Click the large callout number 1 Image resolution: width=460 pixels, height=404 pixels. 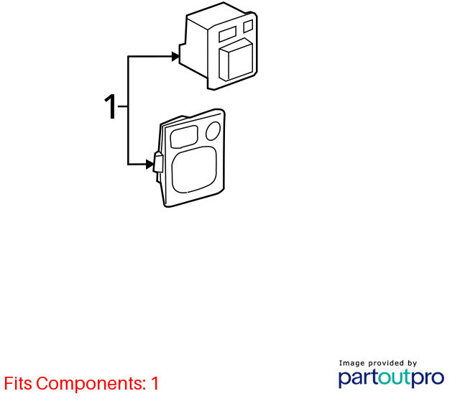pos(111,106)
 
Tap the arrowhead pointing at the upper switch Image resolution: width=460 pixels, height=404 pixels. pos(175,56)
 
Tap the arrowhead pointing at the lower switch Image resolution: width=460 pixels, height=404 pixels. pos(150,165)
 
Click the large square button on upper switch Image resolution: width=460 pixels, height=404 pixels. pos(236,60)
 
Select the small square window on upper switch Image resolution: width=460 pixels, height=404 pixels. pos(248,26)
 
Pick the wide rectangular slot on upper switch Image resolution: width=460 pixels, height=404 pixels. pos(227,34)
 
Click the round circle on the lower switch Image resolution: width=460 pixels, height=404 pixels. pos(213,131)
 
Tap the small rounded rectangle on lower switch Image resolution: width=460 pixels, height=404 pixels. pos(184,137)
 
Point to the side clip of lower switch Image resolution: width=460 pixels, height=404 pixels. pos(158,162)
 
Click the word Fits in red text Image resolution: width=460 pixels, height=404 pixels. pos(18,383)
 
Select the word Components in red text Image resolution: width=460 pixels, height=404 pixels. pos(91,384)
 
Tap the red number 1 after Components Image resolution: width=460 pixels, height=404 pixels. pos(155,383)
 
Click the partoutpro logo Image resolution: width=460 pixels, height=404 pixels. pos(391,378)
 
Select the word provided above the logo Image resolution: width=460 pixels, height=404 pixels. pos(386,363)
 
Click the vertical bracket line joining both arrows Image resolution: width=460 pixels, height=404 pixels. pos(128,110)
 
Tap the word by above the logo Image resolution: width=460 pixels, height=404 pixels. pos(412,364)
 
